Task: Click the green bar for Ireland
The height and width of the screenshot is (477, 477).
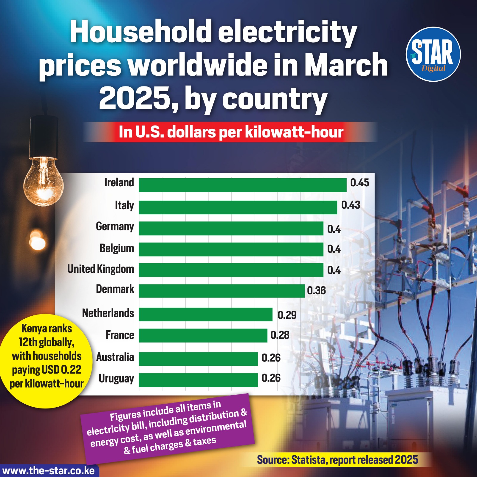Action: (x=243, y=185)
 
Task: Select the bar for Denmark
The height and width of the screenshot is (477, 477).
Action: (x=222, y=291)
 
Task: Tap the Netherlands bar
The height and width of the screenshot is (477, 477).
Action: (x=206, y=315)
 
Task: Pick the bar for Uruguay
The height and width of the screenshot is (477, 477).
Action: (x=198, y=380)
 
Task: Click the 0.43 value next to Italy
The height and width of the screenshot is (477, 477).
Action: (x=351, y=205)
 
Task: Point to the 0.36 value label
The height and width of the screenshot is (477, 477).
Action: (x=316, y=291)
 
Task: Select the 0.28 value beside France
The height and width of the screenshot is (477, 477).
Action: (x=280, y=335)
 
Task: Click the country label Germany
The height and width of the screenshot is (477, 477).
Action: (x=115, y=227)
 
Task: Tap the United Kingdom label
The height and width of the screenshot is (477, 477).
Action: (x=100, y=269)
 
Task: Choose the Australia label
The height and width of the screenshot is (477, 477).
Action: (x=115, y=357)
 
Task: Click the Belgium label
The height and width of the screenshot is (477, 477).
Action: (x=117, y=248)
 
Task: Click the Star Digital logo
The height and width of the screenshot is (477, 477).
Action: (x=433, y=54)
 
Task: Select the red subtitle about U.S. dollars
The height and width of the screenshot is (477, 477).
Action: (x=231, y=132)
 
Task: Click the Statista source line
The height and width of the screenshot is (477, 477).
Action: (x=337, y=460)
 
